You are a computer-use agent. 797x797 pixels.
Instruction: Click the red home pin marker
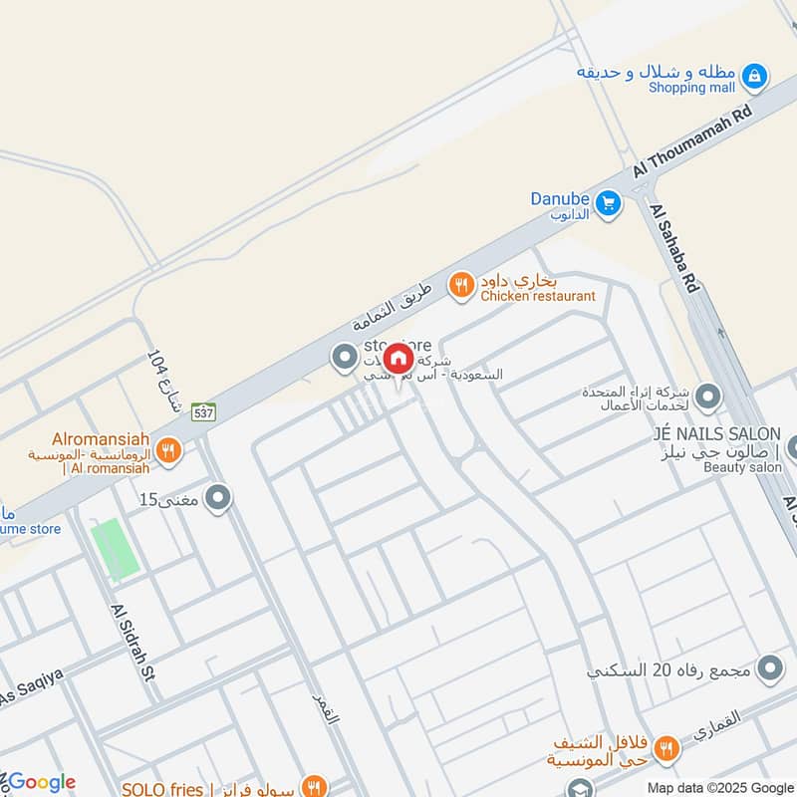pos(398,359)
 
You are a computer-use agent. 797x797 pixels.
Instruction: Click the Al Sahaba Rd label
pos(675,249)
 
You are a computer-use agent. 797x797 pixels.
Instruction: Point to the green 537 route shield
pos(203,411)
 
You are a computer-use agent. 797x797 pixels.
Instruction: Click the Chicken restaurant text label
pos(538,296)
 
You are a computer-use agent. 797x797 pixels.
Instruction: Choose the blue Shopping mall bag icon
pos(755,75)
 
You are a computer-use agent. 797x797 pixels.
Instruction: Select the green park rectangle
pos(115,548)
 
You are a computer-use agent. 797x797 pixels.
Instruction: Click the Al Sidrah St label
pos(133,644)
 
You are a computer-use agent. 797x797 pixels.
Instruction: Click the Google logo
pos(40,782)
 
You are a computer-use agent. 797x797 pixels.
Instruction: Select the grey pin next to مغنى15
pos(218,499)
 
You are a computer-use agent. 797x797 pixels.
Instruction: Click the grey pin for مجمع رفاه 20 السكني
pos(769,668)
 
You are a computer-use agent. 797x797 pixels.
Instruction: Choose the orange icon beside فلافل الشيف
pos(667,747)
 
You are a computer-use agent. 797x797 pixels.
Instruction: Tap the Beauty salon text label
pos(744,466)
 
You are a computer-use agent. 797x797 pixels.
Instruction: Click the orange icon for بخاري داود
pos(460,286)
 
